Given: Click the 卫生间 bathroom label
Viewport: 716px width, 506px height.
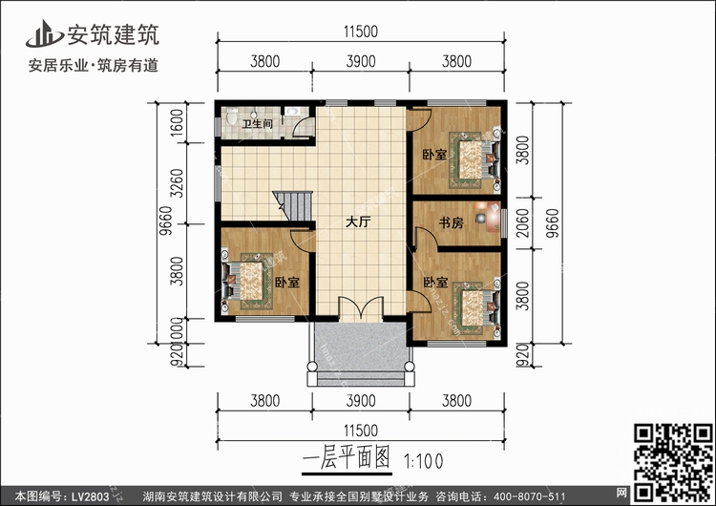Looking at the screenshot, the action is click(257, 123).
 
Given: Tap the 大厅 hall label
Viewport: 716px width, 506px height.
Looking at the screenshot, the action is click(358, 222).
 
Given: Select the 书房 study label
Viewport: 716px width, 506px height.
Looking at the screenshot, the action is click(451, 222).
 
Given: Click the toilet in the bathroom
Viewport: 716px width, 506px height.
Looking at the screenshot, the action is click(232, 116).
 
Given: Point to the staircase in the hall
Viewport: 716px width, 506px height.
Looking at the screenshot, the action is click(293, 205).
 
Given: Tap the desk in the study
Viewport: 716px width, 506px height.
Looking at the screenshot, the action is click(494, 218).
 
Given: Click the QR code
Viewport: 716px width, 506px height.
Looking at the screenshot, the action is click(673, 462).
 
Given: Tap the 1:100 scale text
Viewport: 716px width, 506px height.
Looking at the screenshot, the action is click(423, 462).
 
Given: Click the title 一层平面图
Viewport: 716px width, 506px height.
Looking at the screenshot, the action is click(347, 457).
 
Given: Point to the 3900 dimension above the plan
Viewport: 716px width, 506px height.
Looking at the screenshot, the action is click(361, 61).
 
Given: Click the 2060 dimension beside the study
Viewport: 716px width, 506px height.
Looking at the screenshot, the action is click(523, 222).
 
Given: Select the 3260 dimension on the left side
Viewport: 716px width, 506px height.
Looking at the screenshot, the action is click(178, 183).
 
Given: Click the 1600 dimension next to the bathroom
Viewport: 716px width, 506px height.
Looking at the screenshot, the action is click(178, 122).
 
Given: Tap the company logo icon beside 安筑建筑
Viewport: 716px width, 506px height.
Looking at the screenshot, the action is click(44, 33).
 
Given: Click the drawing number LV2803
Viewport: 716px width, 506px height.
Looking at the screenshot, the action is click(90, 496).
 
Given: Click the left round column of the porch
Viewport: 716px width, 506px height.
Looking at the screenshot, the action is click(312, 366).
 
